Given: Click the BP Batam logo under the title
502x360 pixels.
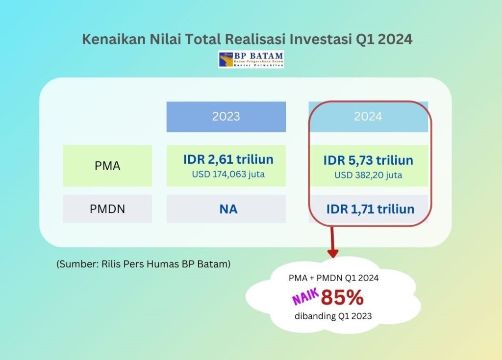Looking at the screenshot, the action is click(251, 59).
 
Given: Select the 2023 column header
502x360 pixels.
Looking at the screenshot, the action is click(226, 117).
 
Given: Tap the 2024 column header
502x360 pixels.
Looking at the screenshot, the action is click(368, 117).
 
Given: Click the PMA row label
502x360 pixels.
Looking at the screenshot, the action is click(107, 166).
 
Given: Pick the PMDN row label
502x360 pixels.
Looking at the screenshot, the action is click(107, 209).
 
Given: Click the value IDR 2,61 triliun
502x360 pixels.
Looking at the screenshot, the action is click(228, 159).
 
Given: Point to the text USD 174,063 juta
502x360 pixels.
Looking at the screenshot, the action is click(228, 174).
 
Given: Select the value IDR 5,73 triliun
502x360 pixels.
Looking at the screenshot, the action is click(368, 160).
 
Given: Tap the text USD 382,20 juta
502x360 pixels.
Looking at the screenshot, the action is click(368, 175).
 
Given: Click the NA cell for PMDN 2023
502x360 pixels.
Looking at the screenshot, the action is click(228, 209).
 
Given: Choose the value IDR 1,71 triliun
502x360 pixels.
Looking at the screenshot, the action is click(371, 209).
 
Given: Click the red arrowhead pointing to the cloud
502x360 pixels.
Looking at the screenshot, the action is click(333, 253).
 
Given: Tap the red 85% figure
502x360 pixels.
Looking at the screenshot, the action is click(342, 297).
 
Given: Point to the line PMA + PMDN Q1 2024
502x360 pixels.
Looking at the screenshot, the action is click(333, 278).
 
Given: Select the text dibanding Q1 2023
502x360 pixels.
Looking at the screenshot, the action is click(333, 316).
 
